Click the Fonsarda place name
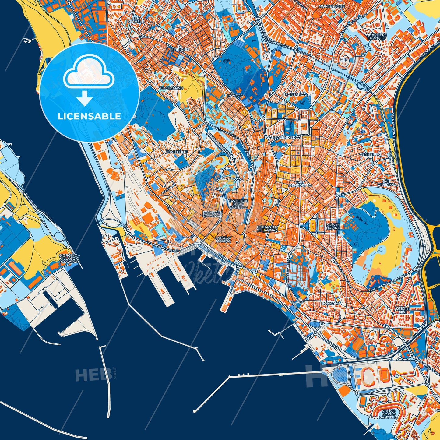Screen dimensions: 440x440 (295, 94)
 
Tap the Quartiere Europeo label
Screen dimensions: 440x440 (376, 37)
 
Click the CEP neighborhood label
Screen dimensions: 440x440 (345, 59)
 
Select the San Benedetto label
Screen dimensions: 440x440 (300, 183)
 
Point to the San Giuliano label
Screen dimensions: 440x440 (386, 183)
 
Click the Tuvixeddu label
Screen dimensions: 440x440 (177, 151)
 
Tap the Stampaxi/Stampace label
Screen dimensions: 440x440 (213, 214)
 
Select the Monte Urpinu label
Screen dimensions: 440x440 (333, 226)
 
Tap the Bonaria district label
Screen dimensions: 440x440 (330, 303)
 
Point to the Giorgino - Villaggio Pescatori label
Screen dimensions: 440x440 (69, 259)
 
